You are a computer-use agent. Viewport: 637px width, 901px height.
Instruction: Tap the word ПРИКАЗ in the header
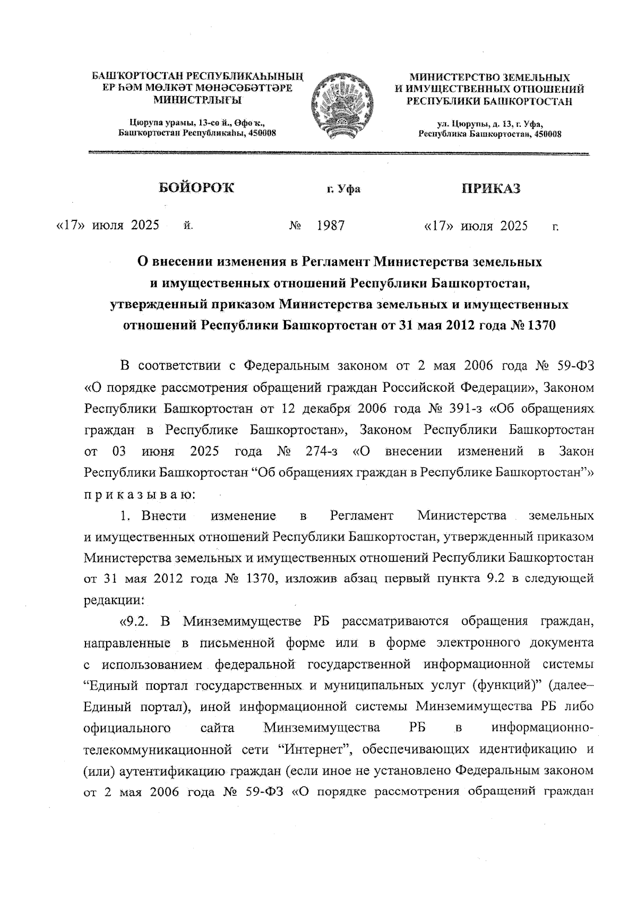pyautogui.click(x=490, y=188)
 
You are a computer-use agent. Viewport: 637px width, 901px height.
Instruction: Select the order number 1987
pyautogui.click(x=331, y=226)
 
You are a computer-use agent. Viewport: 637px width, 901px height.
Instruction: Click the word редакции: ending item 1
pyautogui.click(x=114, y=600)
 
